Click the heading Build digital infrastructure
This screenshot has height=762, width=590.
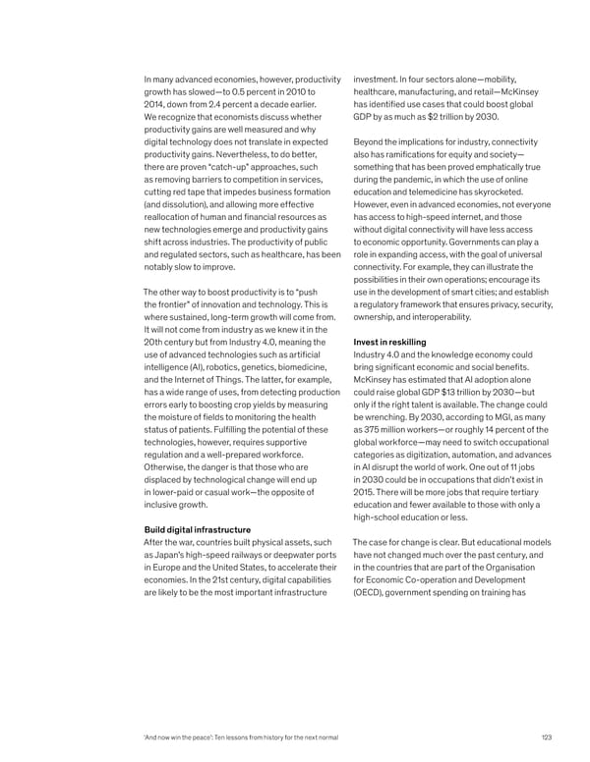pyautogui.click(x=197, y=529)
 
